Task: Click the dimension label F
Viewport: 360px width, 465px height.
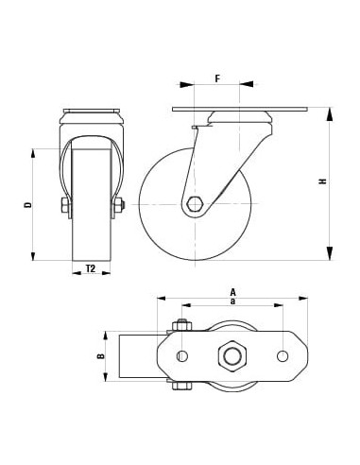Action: pos(216,77)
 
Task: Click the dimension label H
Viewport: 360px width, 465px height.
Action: pos(322,181)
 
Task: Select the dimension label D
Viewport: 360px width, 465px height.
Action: pos(28,204)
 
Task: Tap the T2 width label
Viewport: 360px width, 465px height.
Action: pos(91,269)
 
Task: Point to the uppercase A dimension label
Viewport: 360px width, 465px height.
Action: pos(231,291)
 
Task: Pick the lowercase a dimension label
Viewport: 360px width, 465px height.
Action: pos(231,301)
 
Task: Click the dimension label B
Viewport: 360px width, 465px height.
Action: pos(100,356)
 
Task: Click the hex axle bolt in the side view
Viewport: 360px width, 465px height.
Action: pos(195,203)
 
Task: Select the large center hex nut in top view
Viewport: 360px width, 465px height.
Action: pos(231,356)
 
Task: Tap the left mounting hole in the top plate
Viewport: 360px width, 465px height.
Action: pos(182,356)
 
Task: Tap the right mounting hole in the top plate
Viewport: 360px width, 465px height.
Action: pos(283,356)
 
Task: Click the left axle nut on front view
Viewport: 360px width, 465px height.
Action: pos(64,205)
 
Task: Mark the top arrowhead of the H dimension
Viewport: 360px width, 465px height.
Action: pos(330,114)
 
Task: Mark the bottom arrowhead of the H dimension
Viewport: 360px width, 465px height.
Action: pos(330,253)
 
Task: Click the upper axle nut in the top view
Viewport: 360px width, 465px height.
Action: pos(180,327)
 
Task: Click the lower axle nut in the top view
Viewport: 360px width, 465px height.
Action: pos(180,385)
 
